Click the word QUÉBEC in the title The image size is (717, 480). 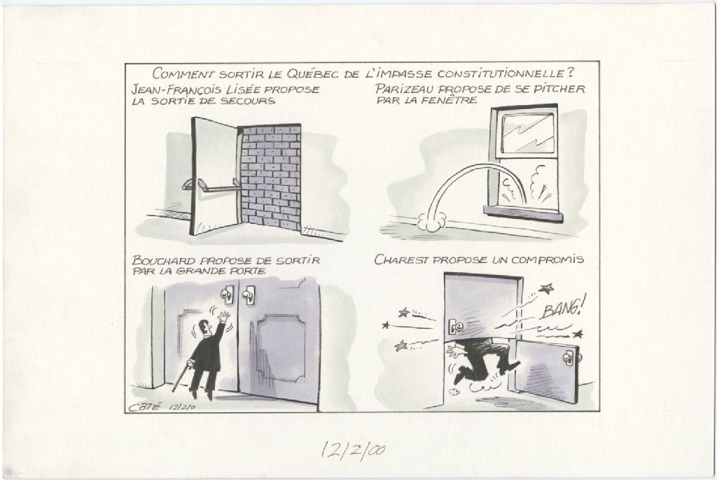pos(314,73)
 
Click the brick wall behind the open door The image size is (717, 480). pos(271,177)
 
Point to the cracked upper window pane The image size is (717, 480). pos(527,133)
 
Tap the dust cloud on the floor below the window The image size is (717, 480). pos(431,222)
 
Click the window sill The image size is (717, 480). pos(523,213)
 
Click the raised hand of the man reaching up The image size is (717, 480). pos(223,317)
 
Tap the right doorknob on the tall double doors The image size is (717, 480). pos(248,295)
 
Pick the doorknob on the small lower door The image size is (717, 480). pos(569,358)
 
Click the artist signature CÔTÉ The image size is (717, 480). pos(144,407)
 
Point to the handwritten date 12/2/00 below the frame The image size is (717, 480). pos(353,451)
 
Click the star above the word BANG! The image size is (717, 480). pos(546,288)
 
